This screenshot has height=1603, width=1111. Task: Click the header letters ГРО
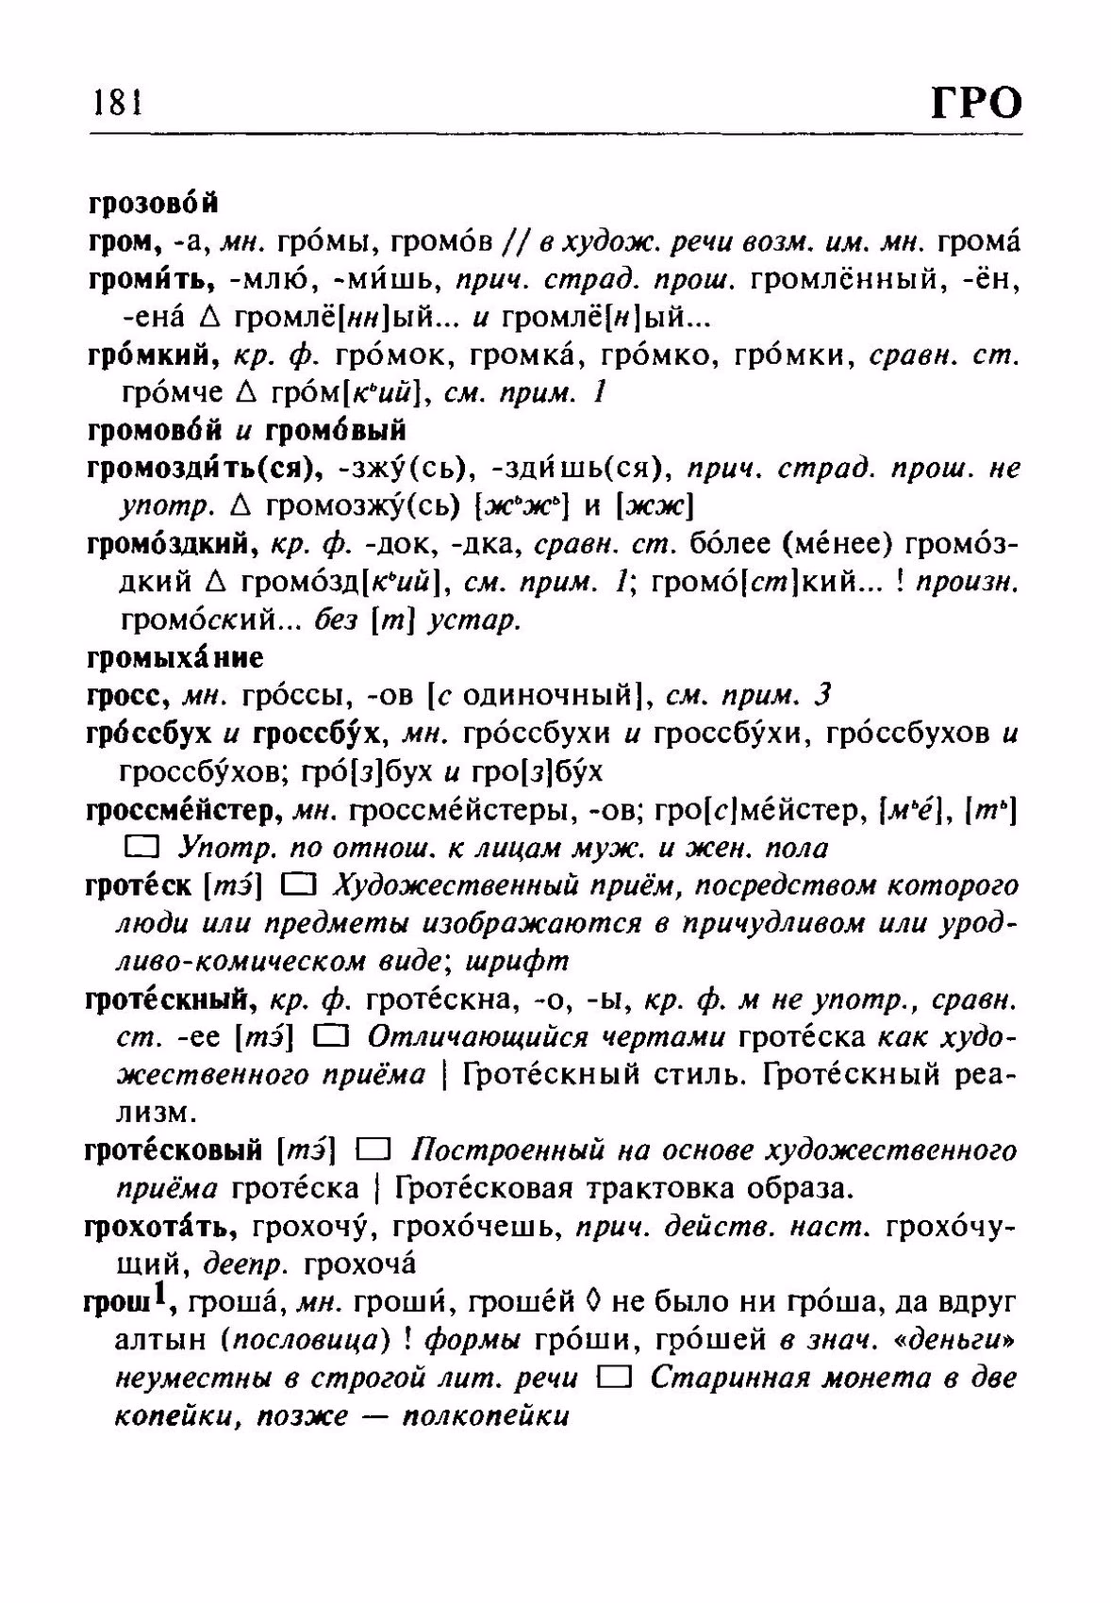pos(976,101)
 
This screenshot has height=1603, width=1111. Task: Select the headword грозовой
pos(153,203)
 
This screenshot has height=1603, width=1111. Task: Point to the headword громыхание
pos(175,656)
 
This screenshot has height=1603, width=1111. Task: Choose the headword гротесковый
pos(174,1149)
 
